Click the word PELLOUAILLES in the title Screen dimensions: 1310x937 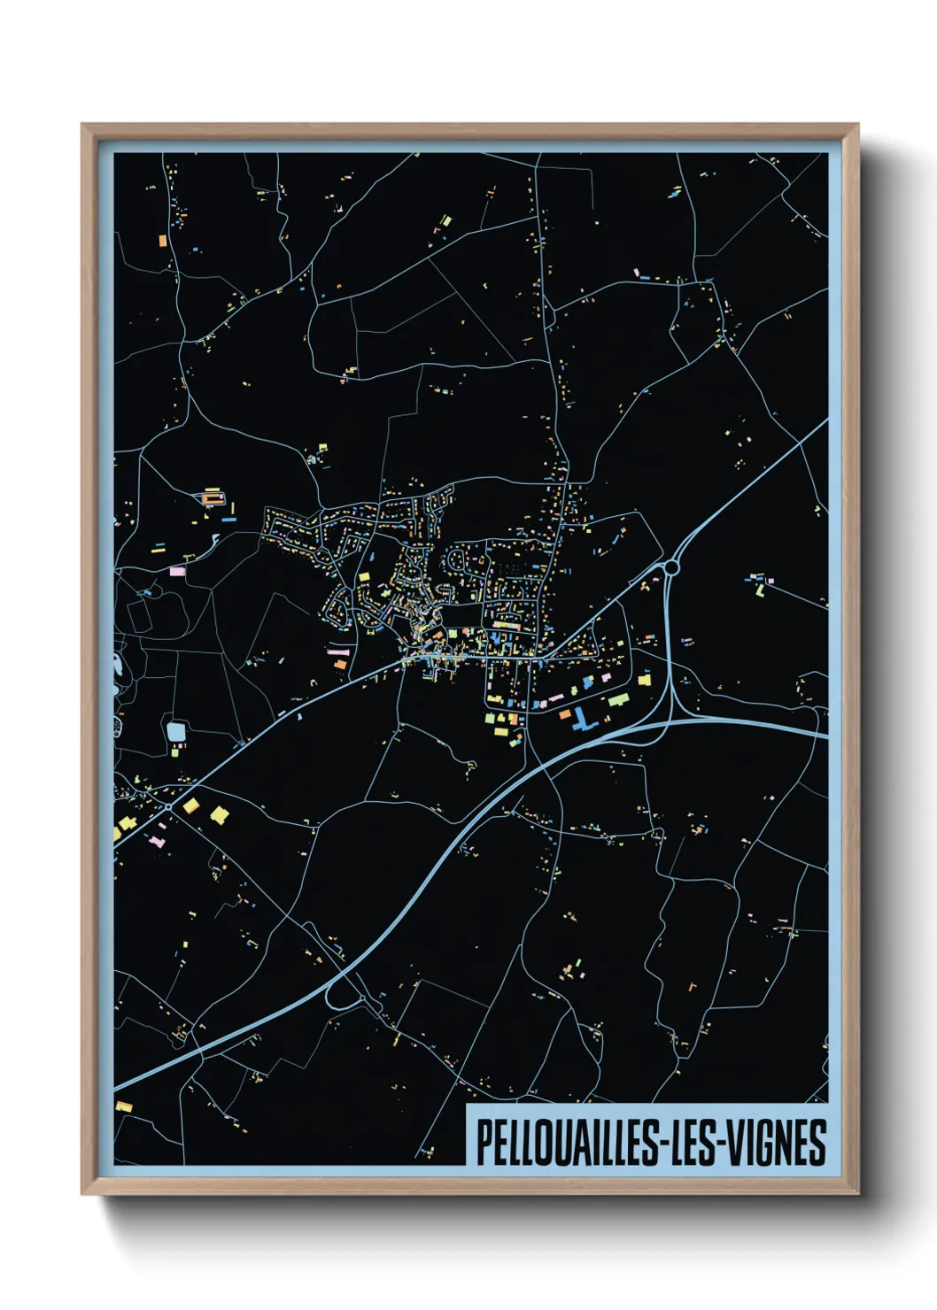(x=567, y=1143)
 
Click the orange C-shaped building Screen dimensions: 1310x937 (x=211, y=498)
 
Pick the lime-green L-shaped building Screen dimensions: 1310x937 (x=759, y=585)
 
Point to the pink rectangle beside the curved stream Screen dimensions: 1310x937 (x=177, y=571)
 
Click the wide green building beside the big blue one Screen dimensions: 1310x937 (x=617, y=700)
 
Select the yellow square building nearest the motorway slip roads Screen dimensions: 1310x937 (x=644, y=680)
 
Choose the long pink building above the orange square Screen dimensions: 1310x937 (x=339, y=651)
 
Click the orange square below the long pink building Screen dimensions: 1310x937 (x=340, y=664)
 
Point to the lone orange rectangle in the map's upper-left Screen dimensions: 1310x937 (x=162, y=240)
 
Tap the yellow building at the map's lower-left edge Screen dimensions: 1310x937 (x=123, y=1106)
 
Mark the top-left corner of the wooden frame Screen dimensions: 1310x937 (x=82, y=125)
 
